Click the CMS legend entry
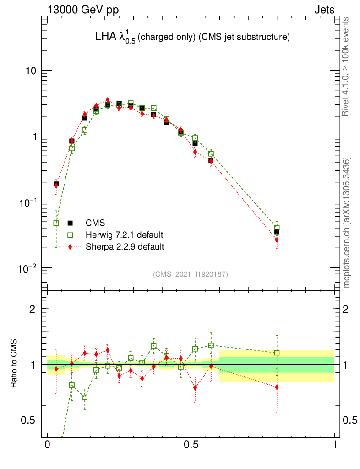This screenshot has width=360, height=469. [x=95, y=223]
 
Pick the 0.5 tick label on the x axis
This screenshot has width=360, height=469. [x=191, y=445]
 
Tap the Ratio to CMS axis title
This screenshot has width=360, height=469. [x=14, y=364]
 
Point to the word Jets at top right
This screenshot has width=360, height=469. [x=324, y=10]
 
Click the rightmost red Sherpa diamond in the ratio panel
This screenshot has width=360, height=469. [x=277, y=387]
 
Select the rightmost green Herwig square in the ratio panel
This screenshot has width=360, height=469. [x=277, y=353]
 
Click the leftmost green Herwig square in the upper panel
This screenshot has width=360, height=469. [x=56, y=223]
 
